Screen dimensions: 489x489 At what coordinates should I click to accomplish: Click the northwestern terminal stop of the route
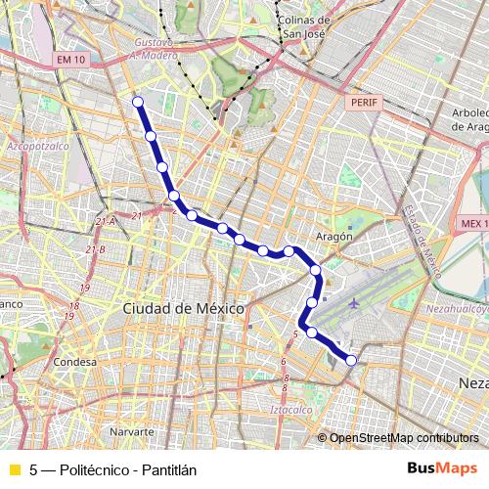tap(138, 102)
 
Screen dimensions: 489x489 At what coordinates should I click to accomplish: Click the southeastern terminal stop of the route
tap(352, 361)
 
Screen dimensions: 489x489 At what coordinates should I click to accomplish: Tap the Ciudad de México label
tap(183, 308)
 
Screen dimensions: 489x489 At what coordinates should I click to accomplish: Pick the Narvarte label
tap(132, 430)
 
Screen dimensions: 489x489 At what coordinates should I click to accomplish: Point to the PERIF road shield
tap(361, 101)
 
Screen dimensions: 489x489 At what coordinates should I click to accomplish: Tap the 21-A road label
tap(106, 221)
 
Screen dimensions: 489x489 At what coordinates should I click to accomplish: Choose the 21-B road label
tap(95, 250)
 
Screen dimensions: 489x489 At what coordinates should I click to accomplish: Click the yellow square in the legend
tap(14, 470)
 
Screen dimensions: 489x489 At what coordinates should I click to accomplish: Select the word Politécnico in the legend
tap(97, 470)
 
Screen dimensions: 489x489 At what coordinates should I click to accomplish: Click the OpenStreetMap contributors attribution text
tap(404, 438)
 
